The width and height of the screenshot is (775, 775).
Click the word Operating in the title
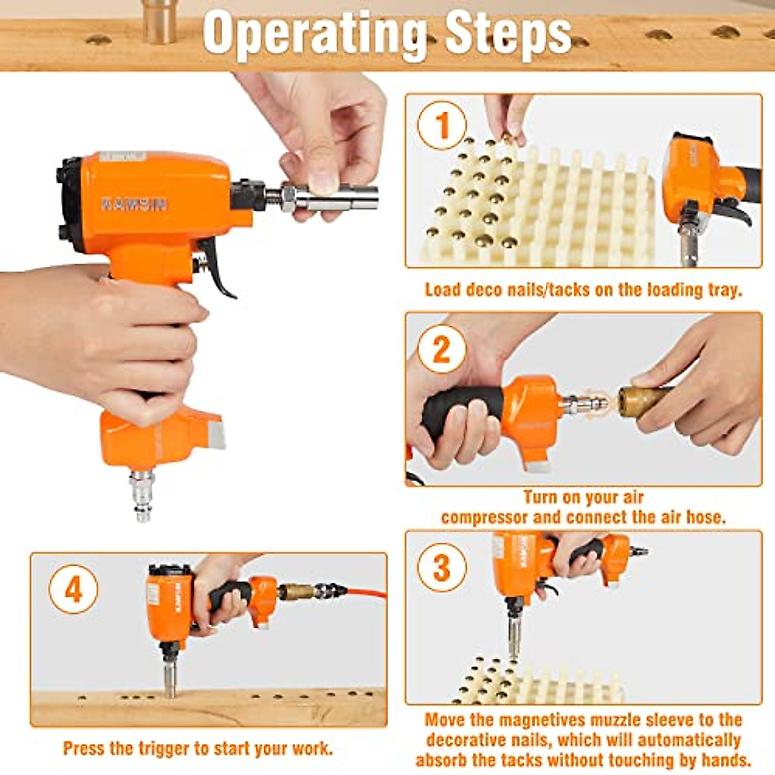point(315,34)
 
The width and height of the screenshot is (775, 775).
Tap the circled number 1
point(442,126)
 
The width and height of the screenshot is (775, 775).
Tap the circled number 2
point(442,349)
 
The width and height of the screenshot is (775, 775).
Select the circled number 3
point(442,568)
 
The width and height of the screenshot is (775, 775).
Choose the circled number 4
point(74,590)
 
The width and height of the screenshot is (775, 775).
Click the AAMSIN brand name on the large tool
point(134,205)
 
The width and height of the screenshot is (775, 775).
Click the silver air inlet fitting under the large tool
point(141,494)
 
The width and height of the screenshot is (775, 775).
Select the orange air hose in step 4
point(365,591)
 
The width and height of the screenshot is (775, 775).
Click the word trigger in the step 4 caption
point(165,749)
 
